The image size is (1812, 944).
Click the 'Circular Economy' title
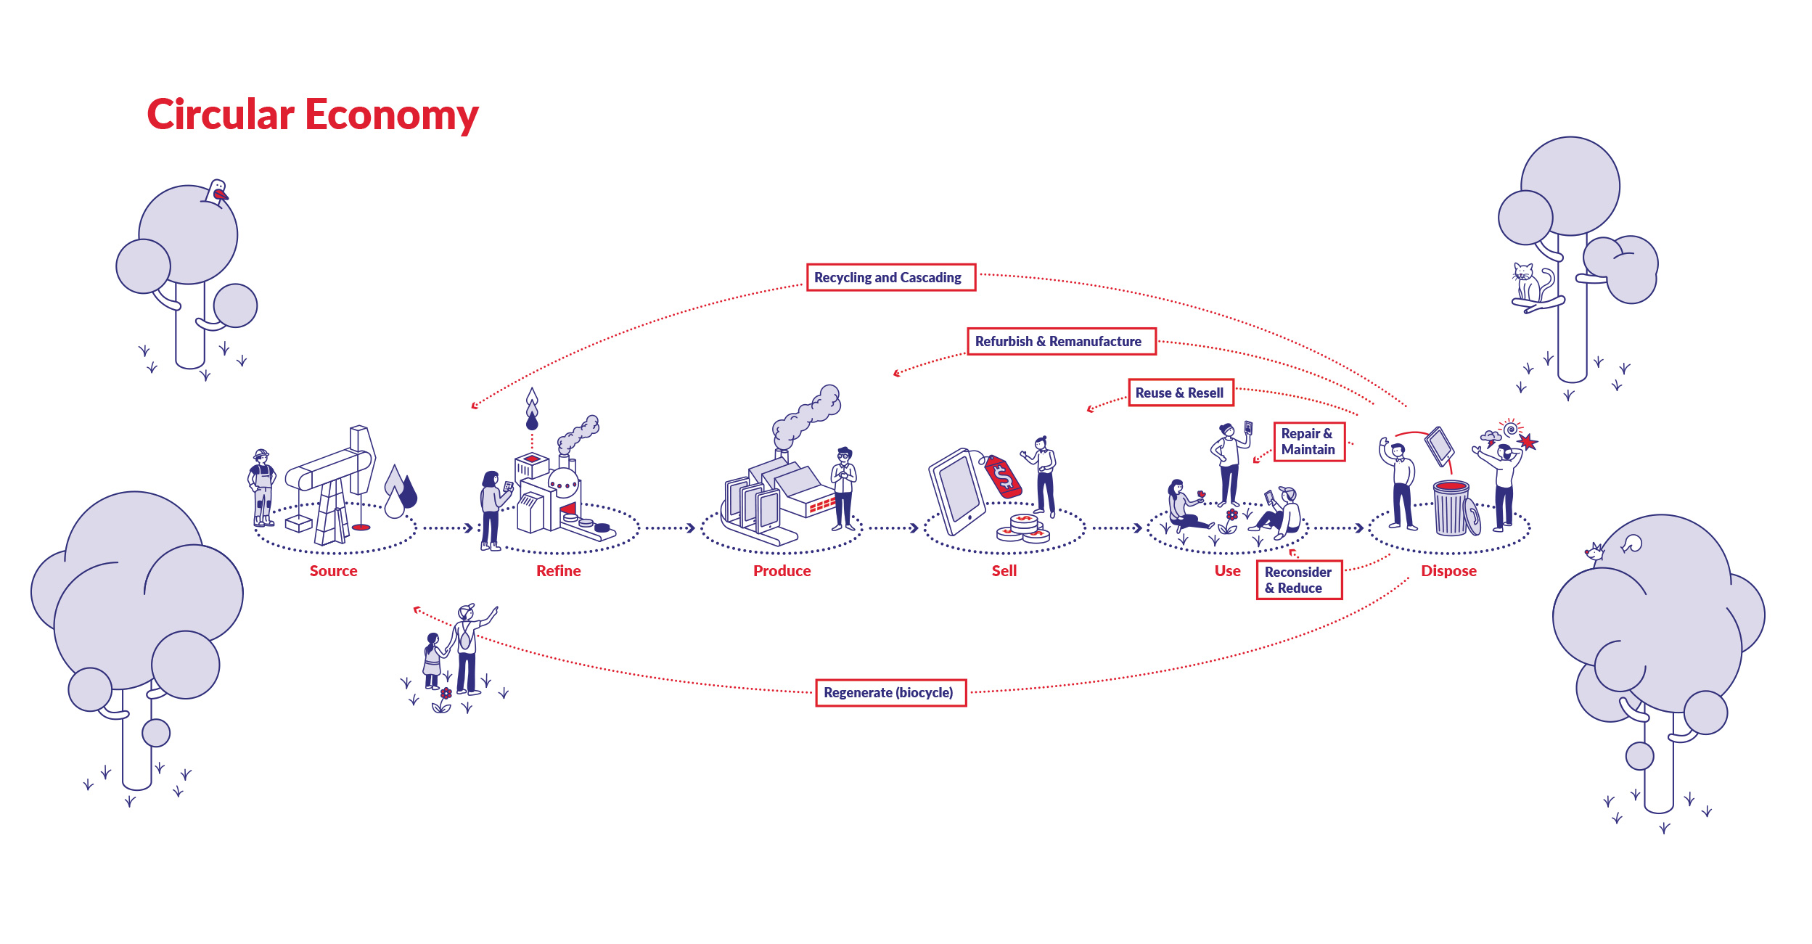click(x=312, y=115)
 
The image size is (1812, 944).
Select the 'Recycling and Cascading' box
click(x=890, y=277)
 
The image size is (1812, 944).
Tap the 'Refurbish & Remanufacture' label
click(x=1060, y=341)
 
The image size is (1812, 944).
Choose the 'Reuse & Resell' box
click(x=1180, y=393)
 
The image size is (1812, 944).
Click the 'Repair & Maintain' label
click(x=1308, y=441)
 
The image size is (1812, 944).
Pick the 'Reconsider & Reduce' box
click(x=1298, y=580)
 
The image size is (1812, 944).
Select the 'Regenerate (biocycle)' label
click(x=890, y=692)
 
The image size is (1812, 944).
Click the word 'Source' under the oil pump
click(x=333, y=571)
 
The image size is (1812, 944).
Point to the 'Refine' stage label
click(x=558, y=571)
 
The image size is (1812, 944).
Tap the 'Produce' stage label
click(x=782, y=571)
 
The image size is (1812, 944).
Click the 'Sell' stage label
click(x=1004, y=571)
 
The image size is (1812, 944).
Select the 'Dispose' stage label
click(x=1448, y=571)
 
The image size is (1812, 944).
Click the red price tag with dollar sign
click(x=1004, y=477)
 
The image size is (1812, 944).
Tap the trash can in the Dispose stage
click(x=1451, y=509)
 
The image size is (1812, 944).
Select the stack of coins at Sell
click(x=1024, y=528)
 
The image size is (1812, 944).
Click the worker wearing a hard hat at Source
click(x=262, y=487)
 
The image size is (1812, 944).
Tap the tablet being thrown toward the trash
click(x=1439, y=446)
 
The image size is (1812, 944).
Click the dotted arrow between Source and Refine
click(x=448, y=528)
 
